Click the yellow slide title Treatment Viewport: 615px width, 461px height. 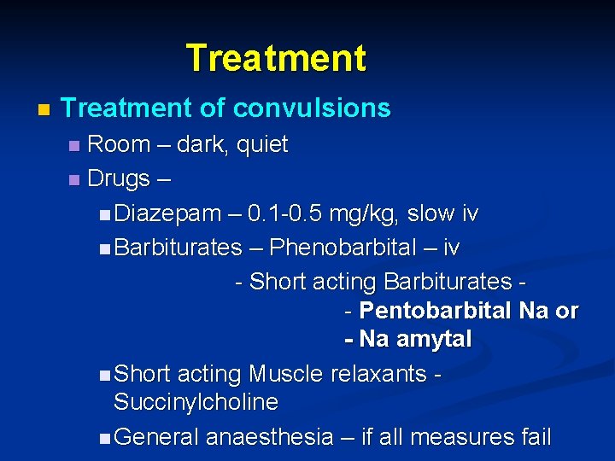276,58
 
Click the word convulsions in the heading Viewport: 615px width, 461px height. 312,108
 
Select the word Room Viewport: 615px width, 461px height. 119,144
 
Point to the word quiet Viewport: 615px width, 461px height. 262,144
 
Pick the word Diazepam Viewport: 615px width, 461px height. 167,213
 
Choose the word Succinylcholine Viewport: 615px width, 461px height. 196,401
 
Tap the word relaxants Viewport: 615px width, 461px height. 378,374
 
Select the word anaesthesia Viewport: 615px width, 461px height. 269,437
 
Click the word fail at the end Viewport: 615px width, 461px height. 532,437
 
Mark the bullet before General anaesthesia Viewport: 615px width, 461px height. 103,438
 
